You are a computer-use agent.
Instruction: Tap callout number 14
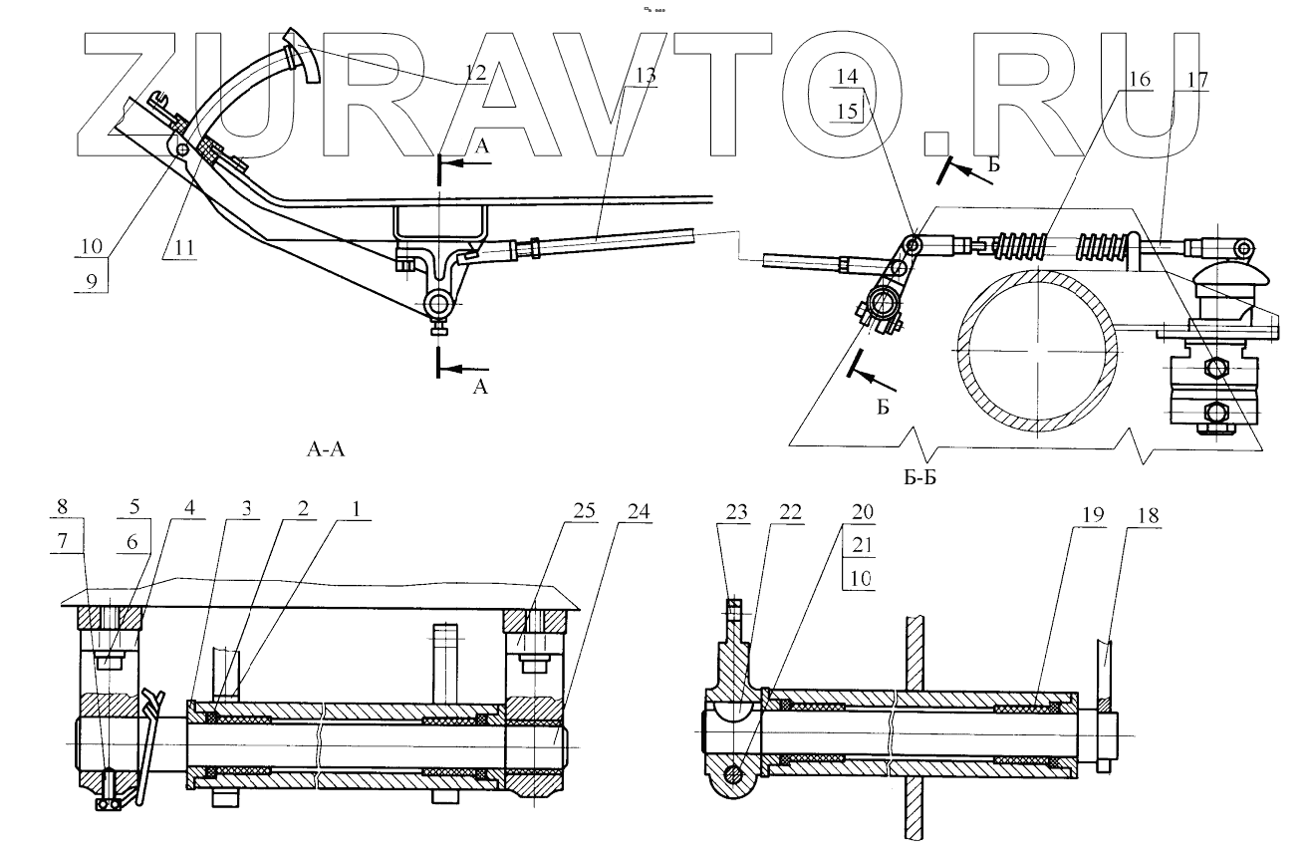846,77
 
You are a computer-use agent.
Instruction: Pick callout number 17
1194,77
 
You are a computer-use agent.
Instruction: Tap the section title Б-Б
919,479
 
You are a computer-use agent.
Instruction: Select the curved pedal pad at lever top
301,58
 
